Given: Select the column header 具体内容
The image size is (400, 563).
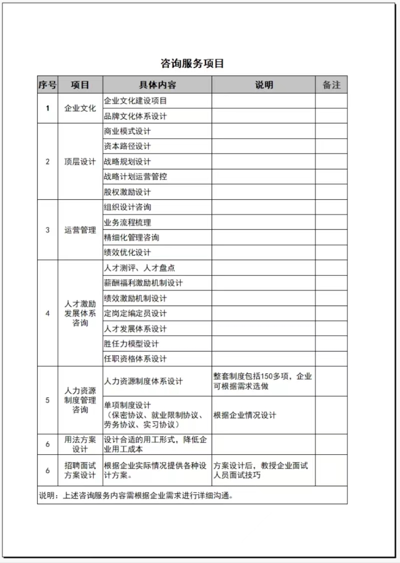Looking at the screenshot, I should pos(157,85).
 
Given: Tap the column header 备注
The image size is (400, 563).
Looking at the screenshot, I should pos(331,85).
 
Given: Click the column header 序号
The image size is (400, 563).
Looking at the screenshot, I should pos(47,85).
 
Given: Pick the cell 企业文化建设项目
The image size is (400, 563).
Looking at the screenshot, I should pos(135,100).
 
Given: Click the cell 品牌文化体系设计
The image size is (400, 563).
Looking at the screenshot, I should pos(135,116).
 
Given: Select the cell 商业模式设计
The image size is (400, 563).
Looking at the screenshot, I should pos(127,131).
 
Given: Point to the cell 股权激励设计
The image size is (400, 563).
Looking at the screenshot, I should pos(127,192).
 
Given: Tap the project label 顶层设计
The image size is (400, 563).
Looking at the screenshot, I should pos(80,162).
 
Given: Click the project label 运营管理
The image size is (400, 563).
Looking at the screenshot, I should pos(80,230).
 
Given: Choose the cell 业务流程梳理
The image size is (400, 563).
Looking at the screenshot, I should pos(127,223).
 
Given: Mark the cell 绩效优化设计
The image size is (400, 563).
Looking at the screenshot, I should pos(127,253).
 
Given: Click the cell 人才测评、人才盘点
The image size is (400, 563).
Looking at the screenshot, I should pos(139,268).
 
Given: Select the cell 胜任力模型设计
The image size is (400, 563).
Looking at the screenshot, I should pos(131,344).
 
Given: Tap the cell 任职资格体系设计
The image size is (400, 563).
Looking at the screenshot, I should pos(135,359).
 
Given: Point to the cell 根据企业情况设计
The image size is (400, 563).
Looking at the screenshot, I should pos(244,415).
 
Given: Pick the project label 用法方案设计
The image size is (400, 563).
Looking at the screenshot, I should pos(80,444).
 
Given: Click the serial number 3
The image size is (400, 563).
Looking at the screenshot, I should pos(47,230).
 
